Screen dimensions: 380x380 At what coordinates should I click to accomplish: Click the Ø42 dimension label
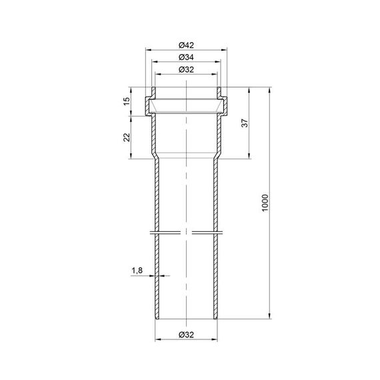tap(186, 45)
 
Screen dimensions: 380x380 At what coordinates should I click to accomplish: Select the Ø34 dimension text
tap(186, 57)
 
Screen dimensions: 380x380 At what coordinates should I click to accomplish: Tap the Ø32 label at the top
tap(186, 70)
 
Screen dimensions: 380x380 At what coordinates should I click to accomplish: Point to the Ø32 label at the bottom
tap(186, 335)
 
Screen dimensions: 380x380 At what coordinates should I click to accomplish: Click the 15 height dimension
tap(127, 101)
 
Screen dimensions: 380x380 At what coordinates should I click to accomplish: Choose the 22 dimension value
tap(127, 137)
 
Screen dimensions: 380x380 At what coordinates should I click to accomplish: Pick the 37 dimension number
tap(245, 123)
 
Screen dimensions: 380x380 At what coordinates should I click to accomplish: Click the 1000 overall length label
tap(265, 203)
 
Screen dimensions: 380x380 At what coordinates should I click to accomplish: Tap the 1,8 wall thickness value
tap(137, 271)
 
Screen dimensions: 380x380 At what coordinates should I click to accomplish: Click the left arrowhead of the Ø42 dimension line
tap(148, 50)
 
